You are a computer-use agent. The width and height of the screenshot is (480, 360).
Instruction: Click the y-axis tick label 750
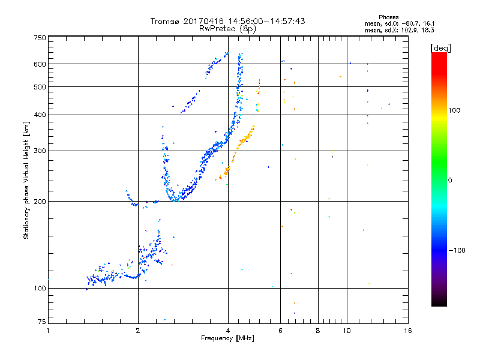[x=40, y=38]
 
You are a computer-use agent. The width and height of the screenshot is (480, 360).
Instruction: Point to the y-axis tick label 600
[x=40, y=64]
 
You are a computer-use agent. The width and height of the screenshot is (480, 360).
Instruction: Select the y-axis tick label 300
[x=40, y=151]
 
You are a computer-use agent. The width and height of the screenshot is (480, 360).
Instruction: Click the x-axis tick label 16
[x=407, y=331]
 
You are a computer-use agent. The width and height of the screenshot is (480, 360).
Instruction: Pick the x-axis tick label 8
[x=318, y=331]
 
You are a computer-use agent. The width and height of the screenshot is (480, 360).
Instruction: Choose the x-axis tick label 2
[x=138, y=331]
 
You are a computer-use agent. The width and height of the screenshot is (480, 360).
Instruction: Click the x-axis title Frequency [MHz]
[x=228, y=338]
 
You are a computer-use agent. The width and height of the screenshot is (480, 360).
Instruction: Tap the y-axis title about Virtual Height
[x=26, y=180]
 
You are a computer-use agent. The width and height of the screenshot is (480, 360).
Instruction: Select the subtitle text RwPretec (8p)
[x=228, y=28]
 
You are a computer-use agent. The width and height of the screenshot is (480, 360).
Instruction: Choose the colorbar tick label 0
[x=451, y=180]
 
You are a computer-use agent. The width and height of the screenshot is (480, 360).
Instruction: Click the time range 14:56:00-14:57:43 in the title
[x=262, y=21]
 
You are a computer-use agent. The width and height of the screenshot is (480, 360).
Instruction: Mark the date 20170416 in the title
[x=199, y=21]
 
